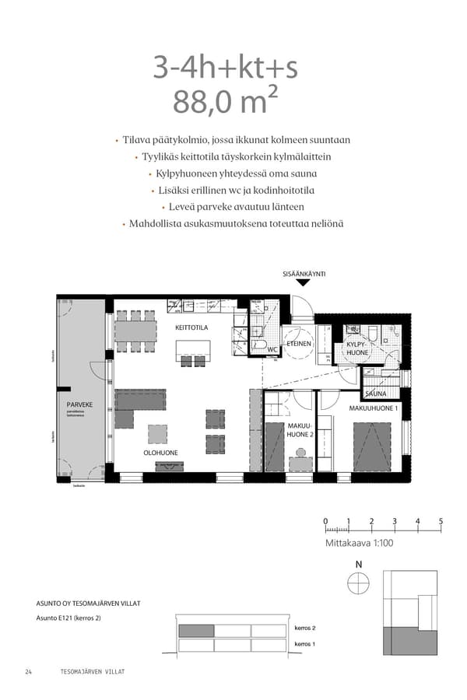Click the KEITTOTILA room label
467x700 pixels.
(191, 328)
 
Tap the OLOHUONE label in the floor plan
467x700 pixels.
(160, 453)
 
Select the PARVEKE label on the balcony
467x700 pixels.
(79, 404)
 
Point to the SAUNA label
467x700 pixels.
(376, 394)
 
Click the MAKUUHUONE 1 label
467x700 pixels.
(374, 408)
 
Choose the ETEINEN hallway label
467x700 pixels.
(299, 343)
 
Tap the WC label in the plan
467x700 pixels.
(272, 349)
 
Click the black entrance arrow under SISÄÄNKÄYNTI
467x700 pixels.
(304, 282)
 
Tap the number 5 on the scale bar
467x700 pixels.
(441, 521)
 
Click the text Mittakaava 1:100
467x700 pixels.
(359, 543)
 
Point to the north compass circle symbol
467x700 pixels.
(358, 583)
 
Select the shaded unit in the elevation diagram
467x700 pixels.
(195, 631)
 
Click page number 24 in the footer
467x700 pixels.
(28, 671)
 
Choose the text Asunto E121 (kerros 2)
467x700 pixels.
(68, 618)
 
